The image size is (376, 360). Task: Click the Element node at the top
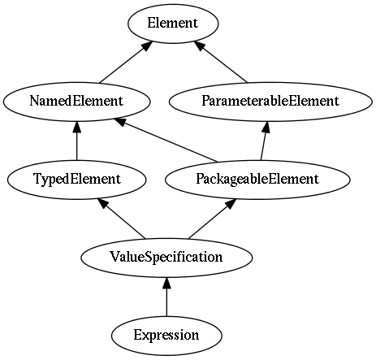(173, 24)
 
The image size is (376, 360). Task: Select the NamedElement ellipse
(76, 102)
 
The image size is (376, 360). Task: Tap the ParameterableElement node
(270, 102)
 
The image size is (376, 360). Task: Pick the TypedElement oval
(77, 180)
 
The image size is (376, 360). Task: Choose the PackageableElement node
(257, 180)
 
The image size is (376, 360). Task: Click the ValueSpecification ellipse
(166, 258)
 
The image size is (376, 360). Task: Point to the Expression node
(166, 336)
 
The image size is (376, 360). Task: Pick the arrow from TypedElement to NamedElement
(77, 141)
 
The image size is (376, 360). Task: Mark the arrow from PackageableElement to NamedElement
(166, 140)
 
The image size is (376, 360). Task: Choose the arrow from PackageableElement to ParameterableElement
(265, 141)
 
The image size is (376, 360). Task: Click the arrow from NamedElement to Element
(125, 63)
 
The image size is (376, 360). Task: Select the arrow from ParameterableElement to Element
(221, 62)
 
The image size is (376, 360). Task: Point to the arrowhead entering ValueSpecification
(166, 283)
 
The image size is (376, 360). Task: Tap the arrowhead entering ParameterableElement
(266, 127)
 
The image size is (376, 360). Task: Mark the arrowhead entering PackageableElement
(231, 204)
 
